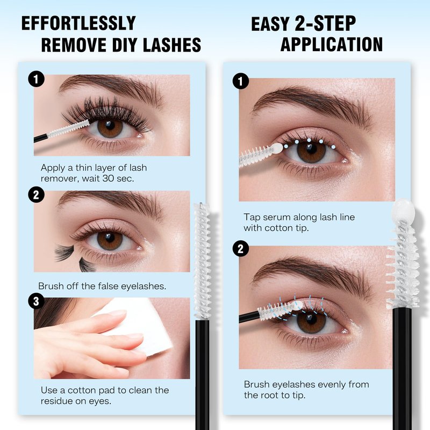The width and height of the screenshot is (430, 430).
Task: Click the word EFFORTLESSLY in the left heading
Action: [78, 23]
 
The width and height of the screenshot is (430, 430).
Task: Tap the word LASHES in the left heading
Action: [172, 45]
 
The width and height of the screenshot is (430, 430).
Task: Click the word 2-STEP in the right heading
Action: [325, 24]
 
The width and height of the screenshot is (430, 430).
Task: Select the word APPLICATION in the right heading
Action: [332, 45]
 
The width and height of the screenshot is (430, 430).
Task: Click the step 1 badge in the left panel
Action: [36, 79]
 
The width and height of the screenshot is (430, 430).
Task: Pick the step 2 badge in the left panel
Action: [36, 195]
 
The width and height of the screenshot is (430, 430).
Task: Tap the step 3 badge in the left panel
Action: [36, 301]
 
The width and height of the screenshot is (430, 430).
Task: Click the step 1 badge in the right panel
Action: [241, 81]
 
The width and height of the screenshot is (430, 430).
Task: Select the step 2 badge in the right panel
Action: [241, 248]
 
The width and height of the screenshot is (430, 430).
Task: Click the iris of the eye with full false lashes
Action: [110, 128]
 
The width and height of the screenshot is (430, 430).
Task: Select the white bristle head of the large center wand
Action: [203, 261]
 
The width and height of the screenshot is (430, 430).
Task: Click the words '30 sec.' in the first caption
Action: [118, 179]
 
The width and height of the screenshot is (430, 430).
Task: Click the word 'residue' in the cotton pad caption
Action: [56, 401]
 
